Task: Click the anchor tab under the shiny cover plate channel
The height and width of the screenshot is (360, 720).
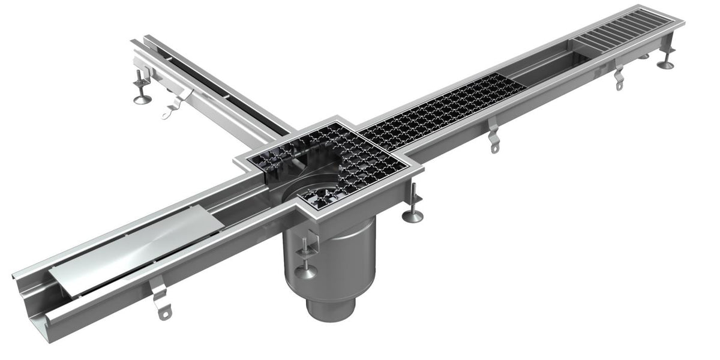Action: pyautogui.click(x=160, y=300)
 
